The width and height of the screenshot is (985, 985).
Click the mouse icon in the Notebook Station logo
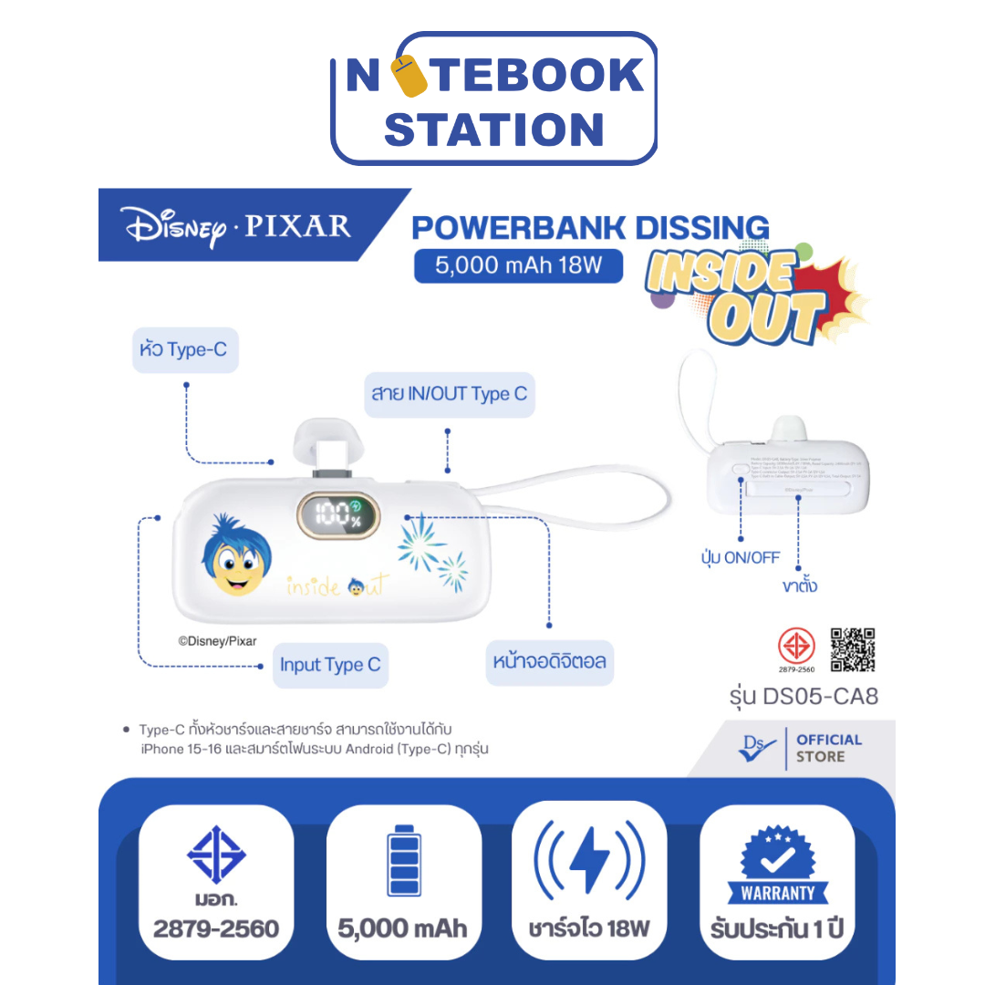(x=415, y=77)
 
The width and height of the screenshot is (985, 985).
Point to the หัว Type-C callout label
(x=185, y=350)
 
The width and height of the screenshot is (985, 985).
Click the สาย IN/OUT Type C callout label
(x=449, y=394)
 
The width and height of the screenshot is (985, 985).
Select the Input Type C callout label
(x=330, y=665)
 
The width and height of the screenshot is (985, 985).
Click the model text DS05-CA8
(x=823, y=698)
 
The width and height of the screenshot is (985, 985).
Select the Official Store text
(x=828, y=748)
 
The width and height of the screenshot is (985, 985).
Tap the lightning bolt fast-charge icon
(x=589, y=859)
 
